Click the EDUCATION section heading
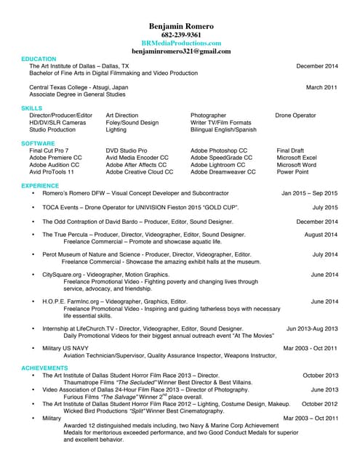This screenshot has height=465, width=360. [39, 59]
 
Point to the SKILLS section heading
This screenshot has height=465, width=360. [32, 108]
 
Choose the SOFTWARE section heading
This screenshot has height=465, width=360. [38, 143]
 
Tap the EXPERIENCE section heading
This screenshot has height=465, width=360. [41, 185]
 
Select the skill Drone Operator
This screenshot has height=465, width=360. [295, 116]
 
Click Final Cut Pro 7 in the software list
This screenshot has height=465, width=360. [52, 150]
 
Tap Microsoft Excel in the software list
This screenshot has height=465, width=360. [297, 158]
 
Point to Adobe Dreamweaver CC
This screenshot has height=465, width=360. [223, 172]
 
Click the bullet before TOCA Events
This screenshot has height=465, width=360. [33, 207]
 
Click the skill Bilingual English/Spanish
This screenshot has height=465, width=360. [223, 130]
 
